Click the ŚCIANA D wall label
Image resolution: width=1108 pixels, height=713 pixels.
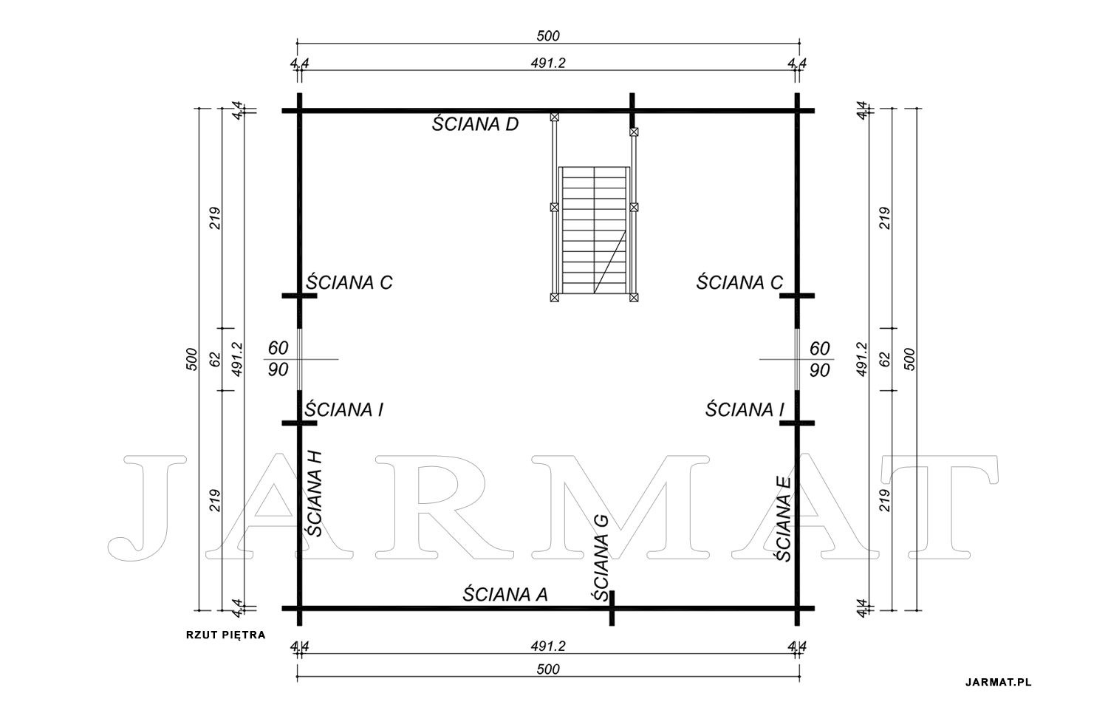tap(475, 123)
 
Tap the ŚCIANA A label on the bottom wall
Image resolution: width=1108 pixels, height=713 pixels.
tap(505, 594)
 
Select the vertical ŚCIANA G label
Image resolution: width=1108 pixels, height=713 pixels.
tap(601, 558)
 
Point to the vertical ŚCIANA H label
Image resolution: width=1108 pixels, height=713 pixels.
tap(314, 494)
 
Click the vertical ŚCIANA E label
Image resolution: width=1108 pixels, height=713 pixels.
tap(783, 519)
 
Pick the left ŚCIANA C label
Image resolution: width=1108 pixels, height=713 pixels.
tap(349, 282)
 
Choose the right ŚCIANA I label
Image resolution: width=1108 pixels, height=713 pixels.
tap(745, 409)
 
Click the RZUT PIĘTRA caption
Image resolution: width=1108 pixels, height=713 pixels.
tap(225, 635)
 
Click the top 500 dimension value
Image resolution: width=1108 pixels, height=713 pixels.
tap(548, 35)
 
